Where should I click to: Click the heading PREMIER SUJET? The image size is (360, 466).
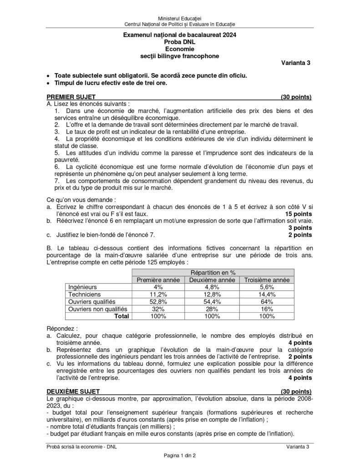point(71,97)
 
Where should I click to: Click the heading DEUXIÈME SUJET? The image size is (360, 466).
point(73,391)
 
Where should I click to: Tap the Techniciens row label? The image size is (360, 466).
point(81,294)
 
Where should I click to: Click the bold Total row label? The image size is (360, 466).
point(121,316)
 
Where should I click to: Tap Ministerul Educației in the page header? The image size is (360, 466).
point(180,17)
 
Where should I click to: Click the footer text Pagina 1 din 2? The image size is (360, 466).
point(180,456)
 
